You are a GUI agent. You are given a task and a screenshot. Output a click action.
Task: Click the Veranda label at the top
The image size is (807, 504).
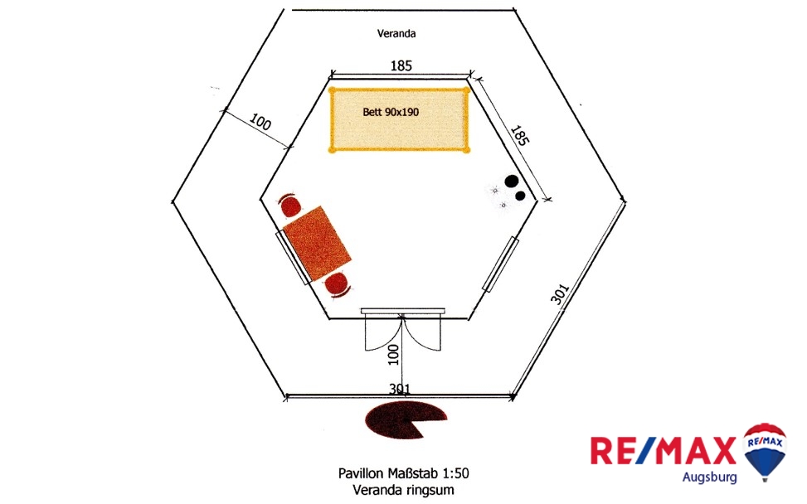396,34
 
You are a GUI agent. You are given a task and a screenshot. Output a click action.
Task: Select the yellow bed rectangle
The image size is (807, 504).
399,133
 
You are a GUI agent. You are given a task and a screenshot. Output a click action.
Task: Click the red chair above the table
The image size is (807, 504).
290,205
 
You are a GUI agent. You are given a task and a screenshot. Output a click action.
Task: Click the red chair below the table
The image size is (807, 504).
338,283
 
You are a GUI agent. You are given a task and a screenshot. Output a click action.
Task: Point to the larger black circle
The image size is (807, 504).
512,182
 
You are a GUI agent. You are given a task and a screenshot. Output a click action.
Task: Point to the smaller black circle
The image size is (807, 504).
521,196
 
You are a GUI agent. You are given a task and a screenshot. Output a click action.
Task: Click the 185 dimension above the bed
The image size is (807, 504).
401,65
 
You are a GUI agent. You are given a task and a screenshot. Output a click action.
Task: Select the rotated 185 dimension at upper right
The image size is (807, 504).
519,136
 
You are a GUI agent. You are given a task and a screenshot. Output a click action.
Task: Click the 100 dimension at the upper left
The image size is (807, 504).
260,124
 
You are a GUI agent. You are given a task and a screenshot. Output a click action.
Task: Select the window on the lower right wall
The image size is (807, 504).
501,264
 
